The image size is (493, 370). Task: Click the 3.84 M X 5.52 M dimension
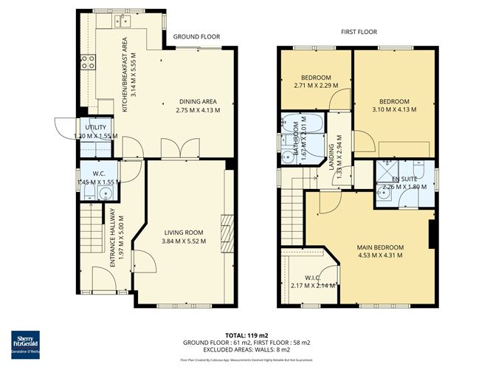click(184, 241)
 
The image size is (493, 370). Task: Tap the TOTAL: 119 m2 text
click(246, 335)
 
